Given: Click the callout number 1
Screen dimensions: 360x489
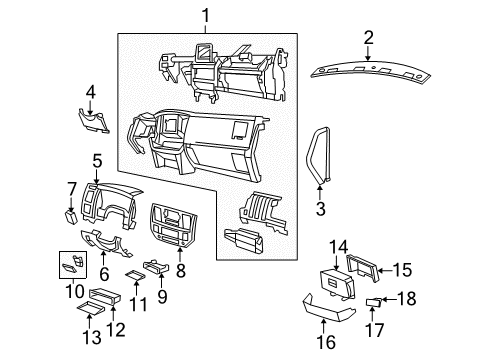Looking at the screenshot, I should pos(207,15).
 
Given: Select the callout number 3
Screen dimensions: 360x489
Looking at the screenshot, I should pos(321,209).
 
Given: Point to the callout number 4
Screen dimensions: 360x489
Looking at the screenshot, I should pos(90,92).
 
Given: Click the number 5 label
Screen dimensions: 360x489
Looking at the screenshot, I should pos(97,160).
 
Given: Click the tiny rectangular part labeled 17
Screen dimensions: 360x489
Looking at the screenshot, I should pos(373,301).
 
